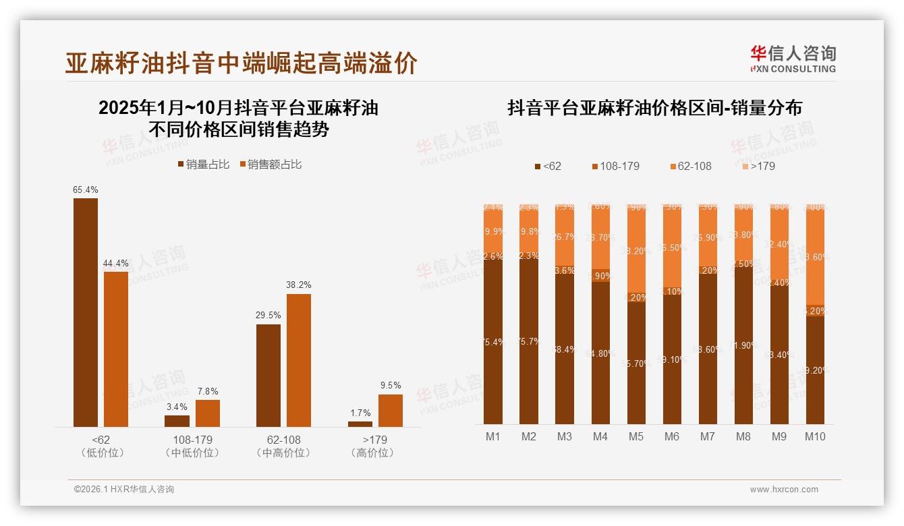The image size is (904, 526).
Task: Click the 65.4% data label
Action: point(86,190)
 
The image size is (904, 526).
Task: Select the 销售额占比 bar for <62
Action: point(116,349)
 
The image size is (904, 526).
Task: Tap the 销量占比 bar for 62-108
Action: point(269,375)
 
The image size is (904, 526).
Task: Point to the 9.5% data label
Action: point(390,386)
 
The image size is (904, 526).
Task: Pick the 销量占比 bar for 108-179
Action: point(177,421)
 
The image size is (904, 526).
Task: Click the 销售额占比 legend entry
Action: point(271,165)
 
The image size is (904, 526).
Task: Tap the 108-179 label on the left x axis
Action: point(192,440)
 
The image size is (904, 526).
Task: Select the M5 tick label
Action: point(636,436)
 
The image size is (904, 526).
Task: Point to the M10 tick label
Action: point(815,436)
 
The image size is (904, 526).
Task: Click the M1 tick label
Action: point(493,436)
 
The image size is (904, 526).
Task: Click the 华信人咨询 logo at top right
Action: point(793,59)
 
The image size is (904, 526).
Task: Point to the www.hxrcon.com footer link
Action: point(784,490)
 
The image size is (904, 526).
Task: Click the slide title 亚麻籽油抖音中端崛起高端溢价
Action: point(241,63)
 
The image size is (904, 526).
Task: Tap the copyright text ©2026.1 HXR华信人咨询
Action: point(123,490)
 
